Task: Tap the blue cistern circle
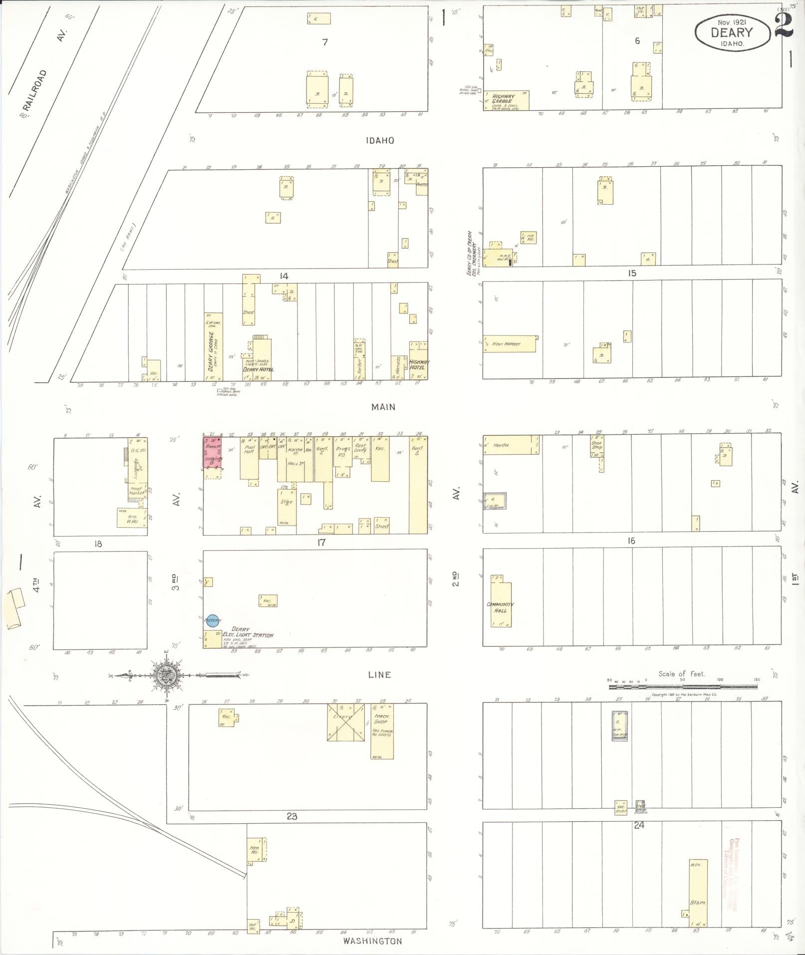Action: (213, 620)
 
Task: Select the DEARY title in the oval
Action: (731, 33)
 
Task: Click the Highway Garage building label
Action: (503, 99)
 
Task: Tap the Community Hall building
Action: (501, 604)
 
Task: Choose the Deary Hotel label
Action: (258, 369)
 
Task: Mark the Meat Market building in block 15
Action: (508, 344)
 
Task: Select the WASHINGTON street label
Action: (372, 941)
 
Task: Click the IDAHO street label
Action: (380, 141)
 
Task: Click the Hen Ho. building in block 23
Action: (255, 850)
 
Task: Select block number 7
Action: (325, 42)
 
